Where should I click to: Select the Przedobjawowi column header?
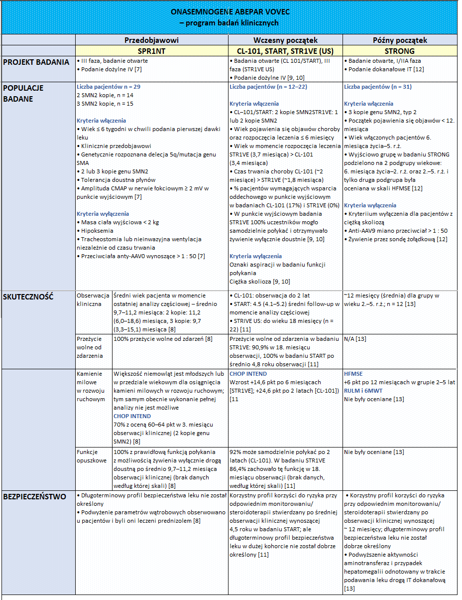pos(151,40)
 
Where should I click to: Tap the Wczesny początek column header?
pos(285,40)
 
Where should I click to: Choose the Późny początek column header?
pos(400,40)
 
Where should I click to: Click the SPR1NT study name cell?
pos(151,51)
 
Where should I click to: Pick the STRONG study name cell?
pos(400,51)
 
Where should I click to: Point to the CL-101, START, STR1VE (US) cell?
pos(285,51)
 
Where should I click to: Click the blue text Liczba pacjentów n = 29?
pos(109,87)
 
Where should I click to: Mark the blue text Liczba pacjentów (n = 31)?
pos(378,87)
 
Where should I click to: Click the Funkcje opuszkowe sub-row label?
pos(92,456)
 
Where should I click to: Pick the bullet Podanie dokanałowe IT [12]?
pos(386,69)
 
